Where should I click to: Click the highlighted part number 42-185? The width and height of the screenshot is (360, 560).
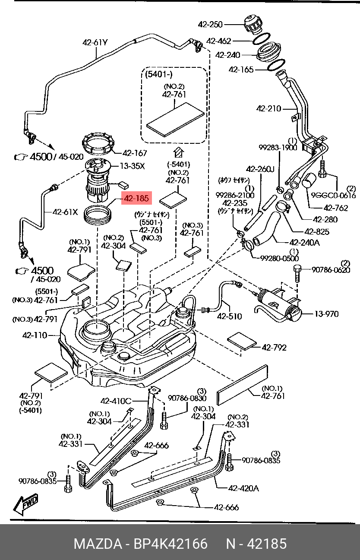(x=136, y=199)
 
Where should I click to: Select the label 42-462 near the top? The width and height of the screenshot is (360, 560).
(x=218, y=41)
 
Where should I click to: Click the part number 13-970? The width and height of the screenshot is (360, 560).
(x=326, y=314)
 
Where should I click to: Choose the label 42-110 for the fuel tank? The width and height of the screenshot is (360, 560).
(x=35, y=335)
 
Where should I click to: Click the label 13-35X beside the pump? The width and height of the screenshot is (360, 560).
(x=133, y=166)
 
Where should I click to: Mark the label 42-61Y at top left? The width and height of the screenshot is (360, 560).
(x=95, y=42)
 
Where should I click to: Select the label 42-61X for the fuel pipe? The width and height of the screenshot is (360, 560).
(x=65, y=212)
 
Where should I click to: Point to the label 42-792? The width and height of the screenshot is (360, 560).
(x=274, y=347)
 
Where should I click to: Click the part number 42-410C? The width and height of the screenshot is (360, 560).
(x=115, y=401)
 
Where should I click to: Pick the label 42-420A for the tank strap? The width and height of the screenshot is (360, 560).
(x=243, y=488)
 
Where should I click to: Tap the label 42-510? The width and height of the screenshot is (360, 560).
(x=229, y=316)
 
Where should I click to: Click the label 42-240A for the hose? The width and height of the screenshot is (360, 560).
(x=304, y=243)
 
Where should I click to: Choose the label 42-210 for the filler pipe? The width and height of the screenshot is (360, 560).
(x=268, y=109)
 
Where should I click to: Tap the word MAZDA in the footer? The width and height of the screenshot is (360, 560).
(x=98, y=544)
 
